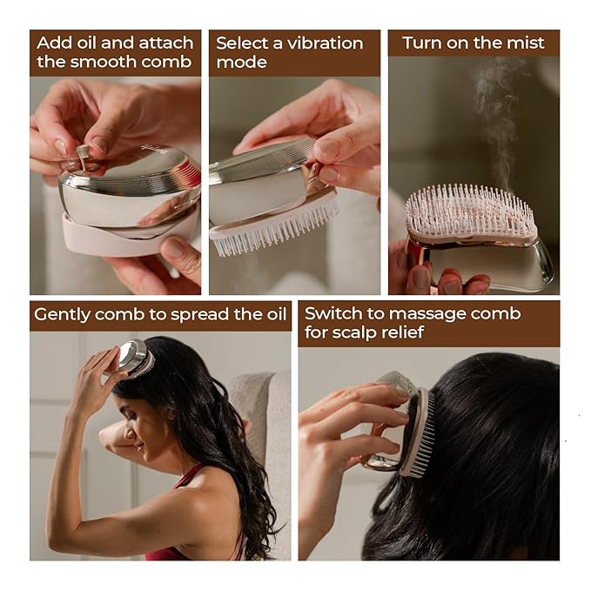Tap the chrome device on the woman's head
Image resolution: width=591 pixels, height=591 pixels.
134,358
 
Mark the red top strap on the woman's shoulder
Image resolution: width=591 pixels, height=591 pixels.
189,477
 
